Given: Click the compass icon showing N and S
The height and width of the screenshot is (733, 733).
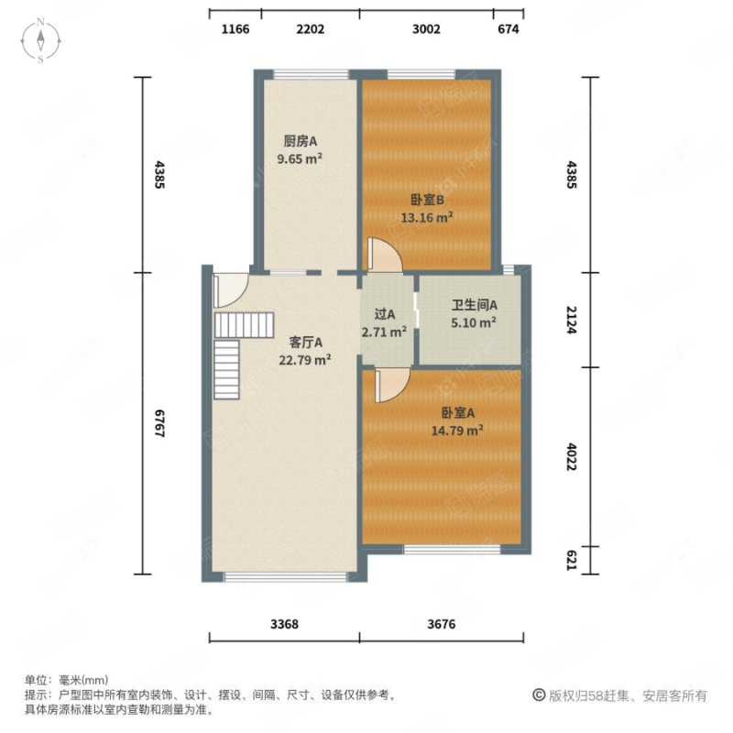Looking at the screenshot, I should point(42,41).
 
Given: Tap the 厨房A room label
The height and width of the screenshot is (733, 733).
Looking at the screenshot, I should point(300,142).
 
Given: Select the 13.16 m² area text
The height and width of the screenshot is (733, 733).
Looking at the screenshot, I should point(428,217).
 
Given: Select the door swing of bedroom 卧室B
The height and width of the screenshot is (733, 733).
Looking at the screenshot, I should point(383,255).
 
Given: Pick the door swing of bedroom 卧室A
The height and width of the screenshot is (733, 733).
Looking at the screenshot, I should point(388,384).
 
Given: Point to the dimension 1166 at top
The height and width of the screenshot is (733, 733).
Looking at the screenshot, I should point(235,29).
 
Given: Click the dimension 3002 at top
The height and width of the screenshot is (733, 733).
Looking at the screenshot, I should point(426,29).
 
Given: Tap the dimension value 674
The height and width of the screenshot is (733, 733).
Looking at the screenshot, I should point(509,29).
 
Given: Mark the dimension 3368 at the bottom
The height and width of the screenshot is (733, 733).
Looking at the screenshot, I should point(285,624).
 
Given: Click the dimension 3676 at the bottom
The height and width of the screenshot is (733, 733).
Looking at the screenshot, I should point(441,624).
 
